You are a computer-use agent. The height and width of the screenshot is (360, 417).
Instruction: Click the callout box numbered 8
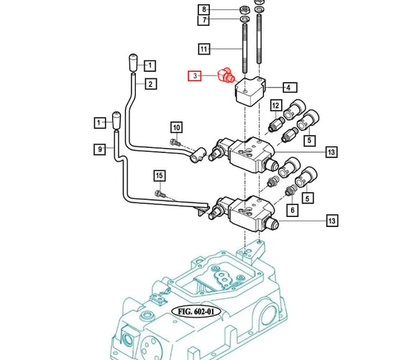coord(204,9)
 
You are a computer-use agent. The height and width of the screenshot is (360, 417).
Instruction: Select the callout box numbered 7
coord(204,20)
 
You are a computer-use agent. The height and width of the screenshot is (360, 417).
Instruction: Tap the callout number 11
coord(204,50)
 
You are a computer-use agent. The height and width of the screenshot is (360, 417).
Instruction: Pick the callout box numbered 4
coord(288,88)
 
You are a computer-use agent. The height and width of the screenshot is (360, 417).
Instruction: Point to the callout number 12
coord(275,106)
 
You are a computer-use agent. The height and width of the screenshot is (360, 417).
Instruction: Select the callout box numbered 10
coord(175,127)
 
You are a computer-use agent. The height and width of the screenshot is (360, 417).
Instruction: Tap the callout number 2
coord(150,84)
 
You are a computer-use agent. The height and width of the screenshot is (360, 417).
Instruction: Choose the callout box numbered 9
coord(100,149)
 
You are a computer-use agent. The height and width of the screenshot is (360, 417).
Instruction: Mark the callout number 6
coord(292,210)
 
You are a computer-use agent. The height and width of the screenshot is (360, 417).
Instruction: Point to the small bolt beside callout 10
coord(175,142)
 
